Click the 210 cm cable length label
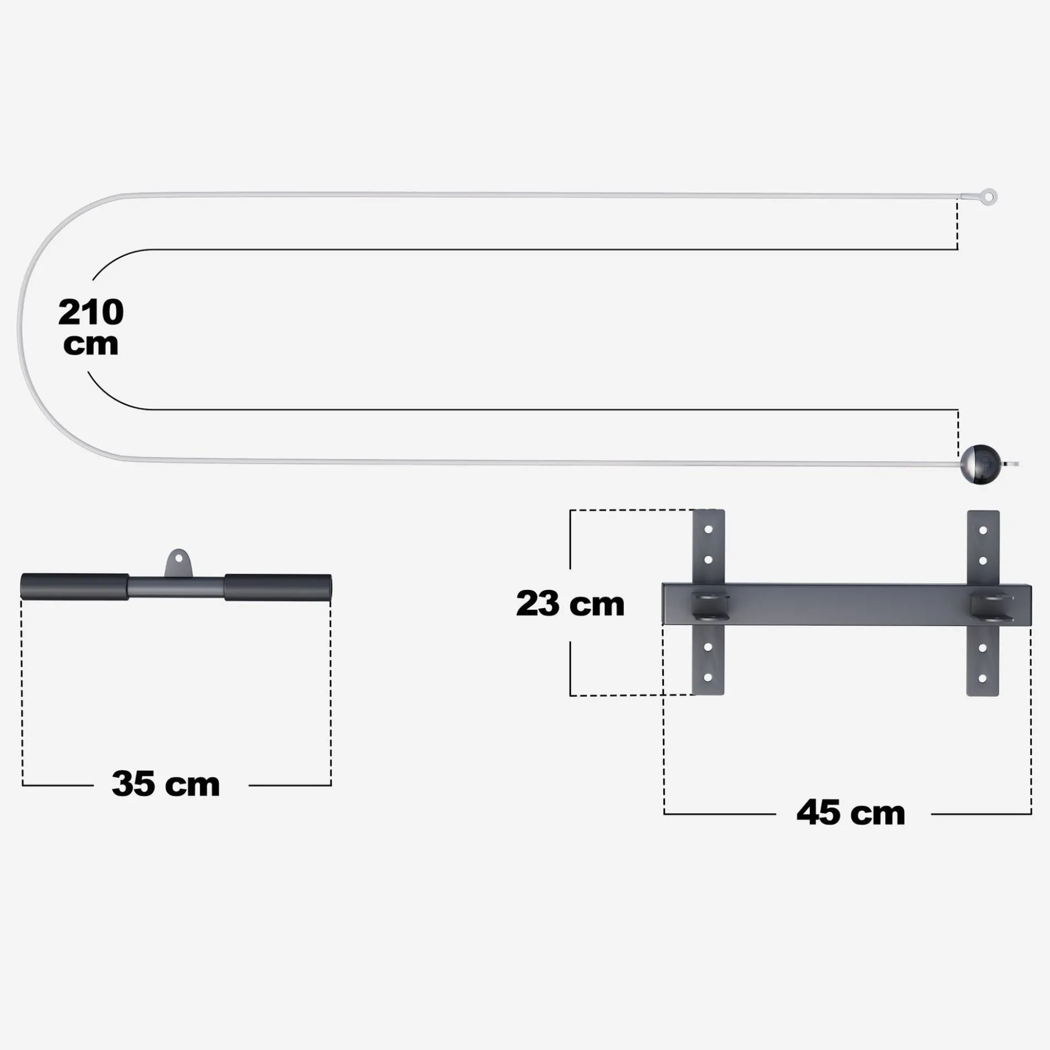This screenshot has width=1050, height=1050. pyautogui.click(x=91, y=327)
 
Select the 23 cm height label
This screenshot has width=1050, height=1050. pyautogui.click(x=570, y=603)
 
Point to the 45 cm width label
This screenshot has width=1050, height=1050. pyautogui.click(x=851, y=813)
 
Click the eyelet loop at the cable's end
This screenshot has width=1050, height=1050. pyautogui.click(x=990, y=197)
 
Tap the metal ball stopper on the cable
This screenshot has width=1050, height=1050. pyautogui.click(x=980, y=464)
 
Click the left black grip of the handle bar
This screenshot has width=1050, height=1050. pyautogui.click(x=75, y=586)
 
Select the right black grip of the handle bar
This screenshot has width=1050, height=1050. pyautogui.click(x=278, y=587)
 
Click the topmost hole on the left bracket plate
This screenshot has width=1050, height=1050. pyautogui.click(x=708, y=529)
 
